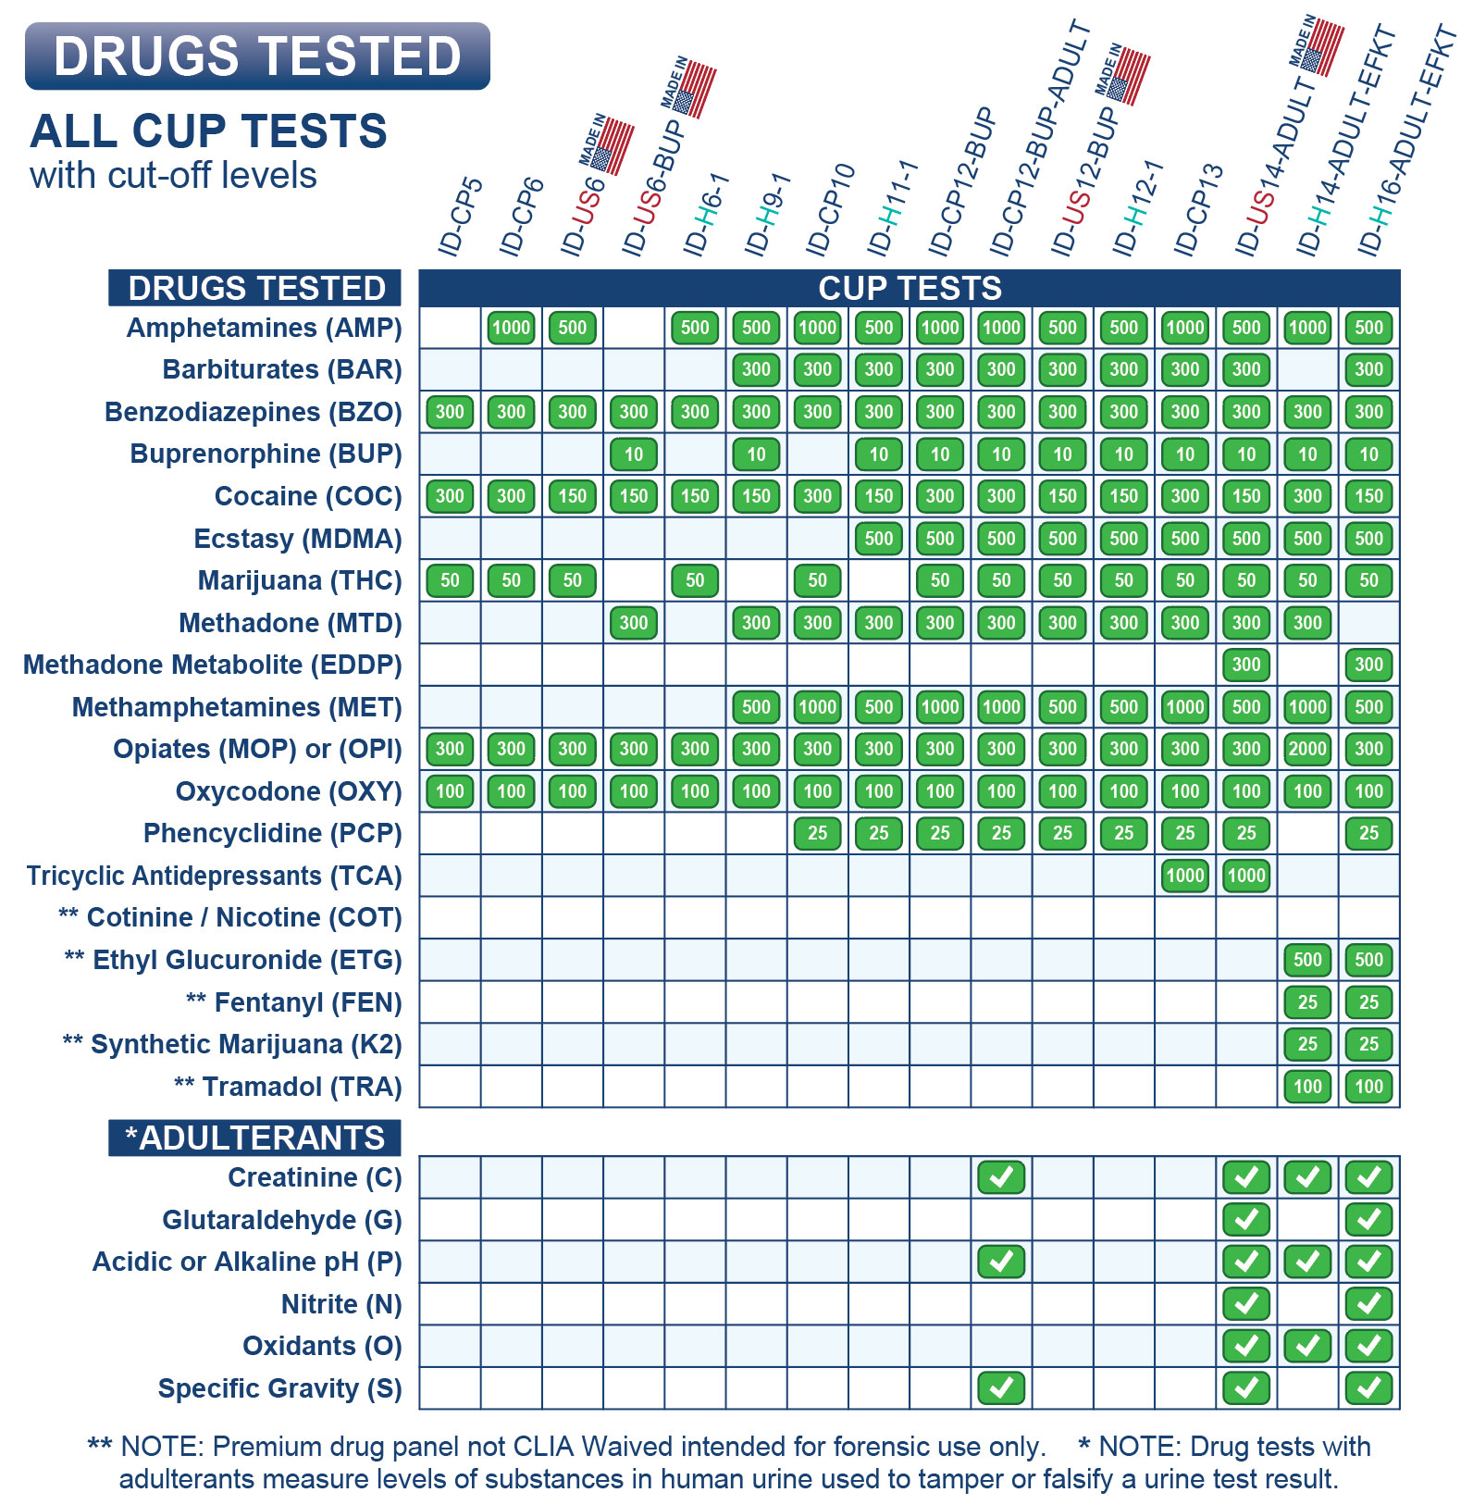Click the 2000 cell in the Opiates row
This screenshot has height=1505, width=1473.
click(x=1307, y=749)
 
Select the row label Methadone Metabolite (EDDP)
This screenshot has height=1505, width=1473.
click(x=213, y=665)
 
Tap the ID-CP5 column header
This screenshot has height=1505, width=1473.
click(x=460, y=217)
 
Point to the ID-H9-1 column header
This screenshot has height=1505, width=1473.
click(x=767, y=215)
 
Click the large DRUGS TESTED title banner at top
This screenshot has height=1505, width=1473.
click(x=257, y=56)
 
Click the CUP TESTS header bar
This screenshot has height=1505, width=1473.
click(x=910, y=289)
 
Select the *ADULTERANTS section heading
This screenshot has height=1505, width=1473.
click(x=254, y=1138)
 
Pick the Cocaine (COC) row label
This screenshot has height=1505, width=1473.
click(x=308, y=496)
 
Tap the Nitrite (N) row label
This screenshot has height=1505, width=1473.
click(x=341, y=1304)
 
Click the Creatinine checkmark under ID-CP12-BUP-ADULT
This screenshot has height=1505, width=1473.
click(x=1001, y=1177)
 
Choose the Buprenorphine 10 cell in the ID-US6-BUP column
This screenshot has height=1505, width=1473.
click(x=634, y=454)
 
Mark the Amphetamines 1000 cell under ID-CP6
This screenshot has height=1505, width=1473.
click(x=511, y=328)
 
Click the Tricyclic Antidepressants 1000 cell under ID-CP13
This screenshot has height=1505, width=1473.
click(x=1185, y=876)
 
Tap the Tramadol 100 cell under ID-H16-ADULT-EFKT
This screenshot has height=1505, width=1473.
click(x=1368, y=1087)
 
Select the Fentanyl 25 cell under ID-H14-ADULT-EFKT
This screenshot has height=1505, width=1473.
click(x=1307, y=1002)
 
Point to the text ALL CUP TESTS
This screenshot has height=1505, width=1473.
click(x=209, y=131)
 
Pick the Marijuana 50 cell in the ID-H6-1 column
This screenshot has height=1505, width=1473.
click(x=695, y=580)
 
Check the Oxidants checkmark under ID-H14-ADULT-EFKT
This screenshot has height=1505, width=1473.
click(x=1307, y=1346)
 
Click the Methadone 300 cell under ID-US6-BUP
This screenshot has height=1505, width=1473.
click(x=634, y=623)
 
